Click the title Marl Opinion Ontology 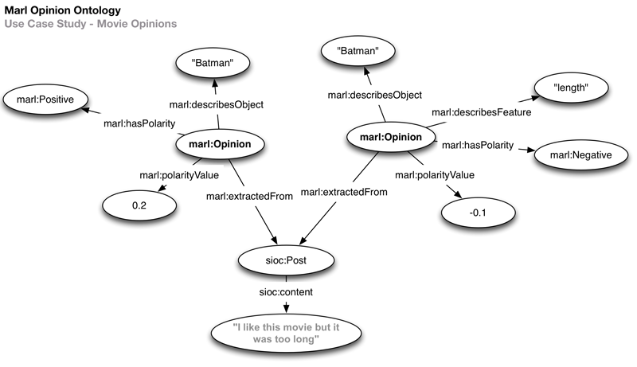(x=64, y=11)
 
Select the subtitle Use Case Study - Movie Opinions (x=90, y=25)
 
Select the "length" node (x=571, y=86)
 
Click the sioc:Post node (x=275, y=260)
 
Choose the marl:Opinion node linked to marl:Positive (x=219, y=144)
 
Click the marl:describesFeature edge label (x=481, y=112)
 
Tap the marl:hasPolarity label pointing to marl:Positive (x=139, y=124)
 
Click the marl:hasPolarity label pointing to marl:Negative (x=478, y=145)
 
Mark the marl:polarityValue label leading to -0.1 (x=435, y=174)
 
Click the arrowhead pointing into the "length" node (x=530, y=98)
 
